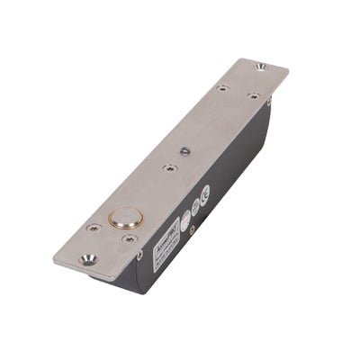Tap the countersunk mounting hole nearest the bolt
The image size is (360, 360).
coord(88,259)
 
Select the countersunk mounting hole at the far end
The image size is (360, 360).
coord(260,67)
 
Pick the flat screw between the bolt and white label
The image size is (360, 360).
coord(131,239)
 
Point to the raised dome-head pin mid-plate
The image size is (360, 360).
coord(184,150)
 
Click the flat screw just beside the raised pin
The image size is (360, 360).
coord(168,166)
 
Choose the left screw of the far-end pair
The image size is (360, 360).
coord(222,88)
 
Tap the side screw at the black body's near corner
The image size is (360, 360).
coord(139,256)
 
